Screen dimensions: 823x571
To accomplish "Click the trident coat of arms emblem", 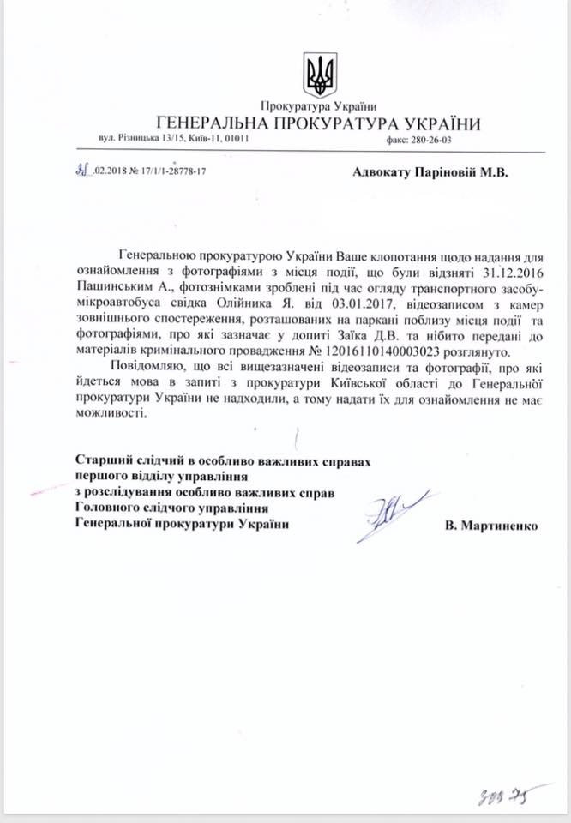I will coord(319,75).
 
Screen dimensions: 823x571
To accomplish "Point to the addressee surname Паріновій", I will coord(439,171).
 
